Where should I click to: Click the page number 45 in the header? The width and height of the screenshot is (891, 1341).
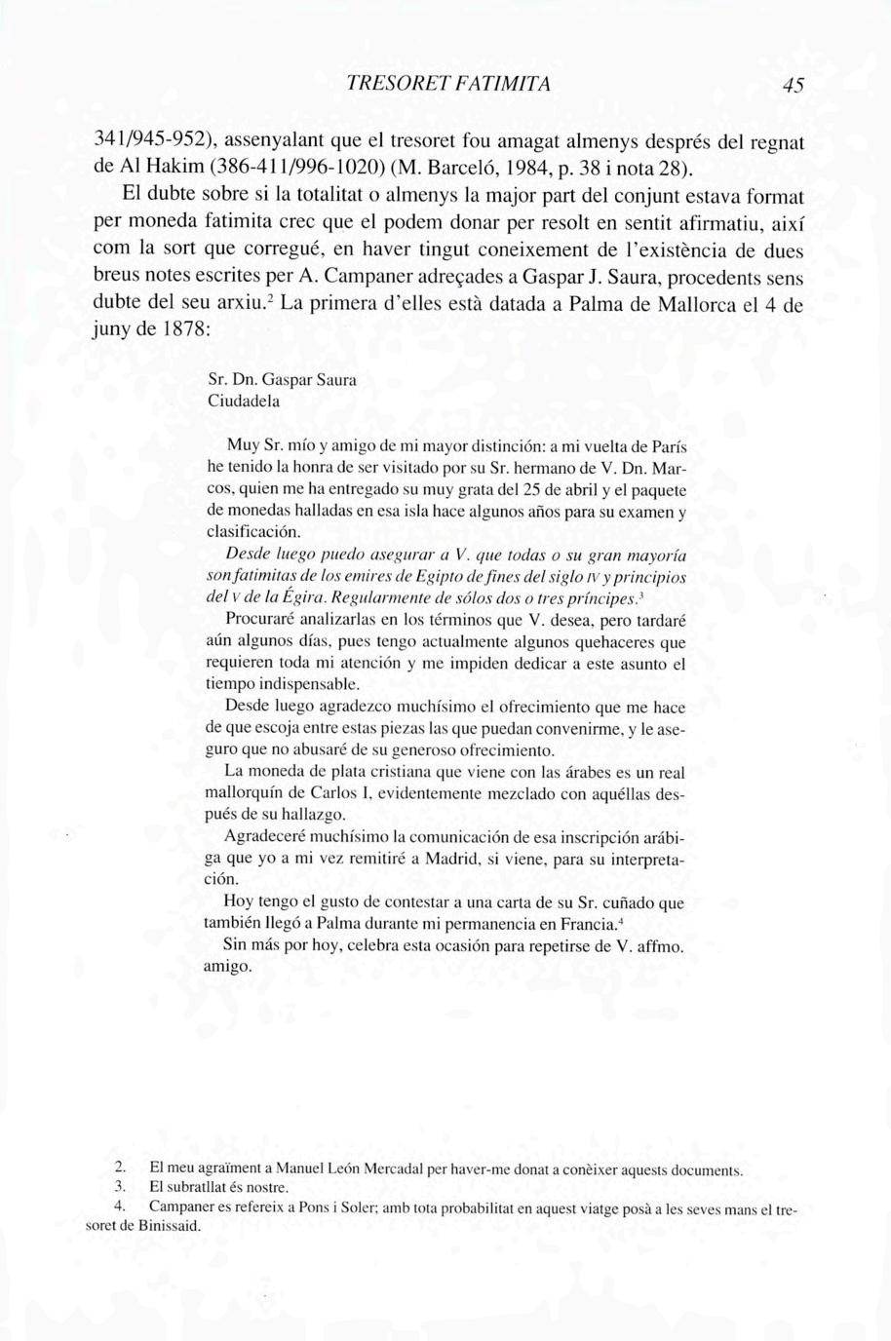click(793, 86)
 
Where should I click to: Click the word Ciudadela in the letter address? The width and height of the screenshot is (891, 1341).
click(244, 401)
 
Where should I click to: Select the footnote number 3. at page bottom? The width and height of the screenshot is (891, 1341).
click(120, 1188)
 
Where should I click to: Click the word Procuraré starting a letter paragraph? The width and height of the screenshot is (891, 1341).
click(262, 619)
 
